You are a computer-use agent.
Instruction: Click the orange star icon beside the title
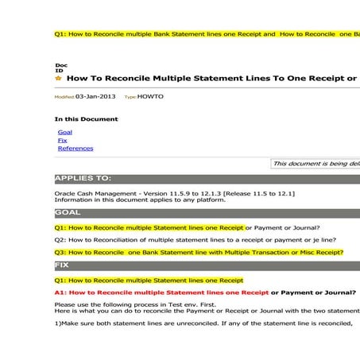[58, 79]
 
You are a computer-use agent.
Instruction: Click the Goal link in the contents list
[65, 132]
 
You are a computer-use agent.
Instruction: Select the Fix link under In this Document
[63, 140]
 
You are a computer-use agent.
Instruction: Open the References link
[75, 148]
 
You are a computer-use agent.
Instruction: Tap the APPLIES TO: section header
[83, 179]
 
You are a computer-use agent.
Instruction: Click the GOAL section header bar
[68, 213]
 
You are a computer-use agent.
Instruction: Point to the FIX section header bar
[63, 264]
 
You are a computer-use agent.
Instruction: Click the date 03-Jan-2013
[95, 96]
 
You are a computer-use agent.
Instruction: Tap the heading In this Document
[86, 119]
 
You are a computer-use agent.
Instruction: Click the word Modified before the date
[64, 97]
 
